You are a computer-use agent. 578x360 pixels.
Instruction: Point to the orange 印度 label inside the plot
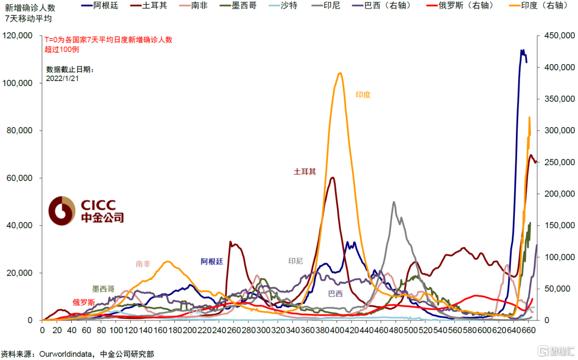[363, 95]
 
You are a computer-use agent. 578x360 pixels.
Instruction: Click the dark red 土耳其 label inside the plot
[305, 172]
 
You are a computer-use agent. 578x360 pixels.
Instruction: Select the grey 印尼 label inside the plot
[295, 261]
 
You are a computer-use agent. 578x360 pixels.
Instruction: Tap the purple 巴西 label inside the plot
[336, 293]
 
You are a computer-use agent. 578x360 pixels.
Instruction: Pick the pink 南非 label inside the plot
[143, 264]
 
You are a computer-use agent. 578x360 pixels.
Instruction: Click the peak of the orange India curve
[340, 73]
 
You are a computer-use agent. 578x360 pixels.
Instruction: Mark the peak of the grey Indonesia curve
[394, 202]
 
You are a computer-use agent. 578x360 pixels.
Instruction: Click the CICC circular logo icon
[62, 211]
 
